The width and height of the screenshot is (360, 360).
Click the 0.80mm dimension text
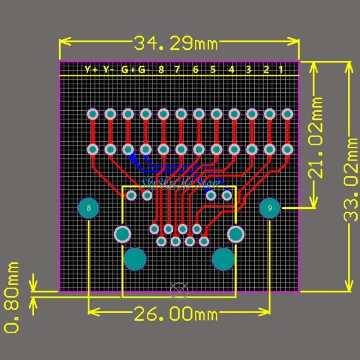point(12,297)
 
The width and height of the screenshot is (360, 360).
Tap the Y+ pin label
point(91,70)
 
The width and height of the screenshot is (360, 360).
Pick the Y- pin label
point(108,70)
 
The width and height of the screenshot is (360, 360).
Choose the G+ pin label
point(127,70)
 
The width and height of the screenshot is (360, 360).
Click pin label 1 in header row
point(280,70)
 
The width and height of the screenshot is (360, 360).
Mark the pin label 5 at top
point(213,70)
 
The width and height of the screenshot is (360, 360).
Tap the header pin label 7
point(177,70)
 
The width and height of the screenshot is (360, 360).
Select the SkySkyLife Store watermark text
point(180,183)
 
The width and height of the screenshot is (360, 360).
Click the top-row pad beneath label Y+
point(93,114)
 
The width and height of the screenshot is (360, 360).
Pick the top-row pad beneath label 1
point(286,114)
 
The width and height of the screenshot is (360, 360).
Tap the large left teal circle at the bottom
point(135,259)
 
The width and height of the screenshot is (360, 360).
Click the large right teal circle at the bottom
point(223,259)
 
